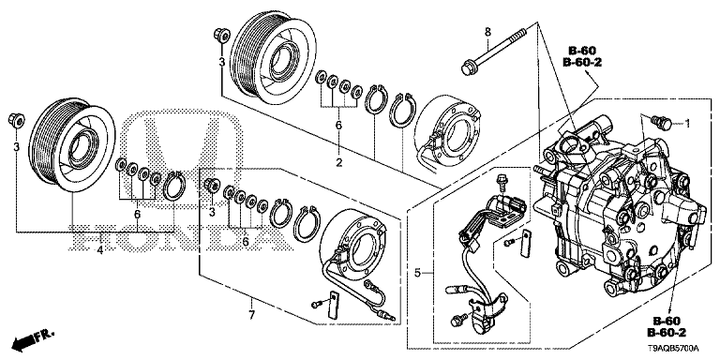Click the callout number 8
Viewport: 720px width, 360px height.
(x=487, y=32)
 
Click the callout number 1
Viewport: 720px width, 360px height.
(x=687, y=123)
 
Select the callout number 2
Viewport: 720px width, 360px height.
(x=338, y=162)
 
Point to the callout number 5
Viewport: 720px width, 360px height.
(x=417, y=273)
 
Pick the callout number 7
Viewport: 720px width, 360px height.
(x=251, y=315)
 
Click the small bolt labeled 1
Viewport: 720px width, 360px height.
(x=660, y=121)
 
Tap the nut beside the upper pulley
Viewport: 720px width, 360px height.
(x=221, y=35)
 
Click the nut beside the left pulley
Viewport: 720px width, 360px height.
(x=17, y=119)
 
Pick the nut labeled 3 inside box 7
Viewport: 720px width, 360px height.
(x=211, y=185)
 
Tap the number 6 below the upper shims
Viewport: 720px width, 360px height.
(x=338, y=125)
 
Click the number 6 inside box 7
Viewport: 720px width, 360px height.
(x=246, y=242)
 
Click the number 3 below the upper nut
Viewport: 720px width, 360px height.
(x=221, y=62)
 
